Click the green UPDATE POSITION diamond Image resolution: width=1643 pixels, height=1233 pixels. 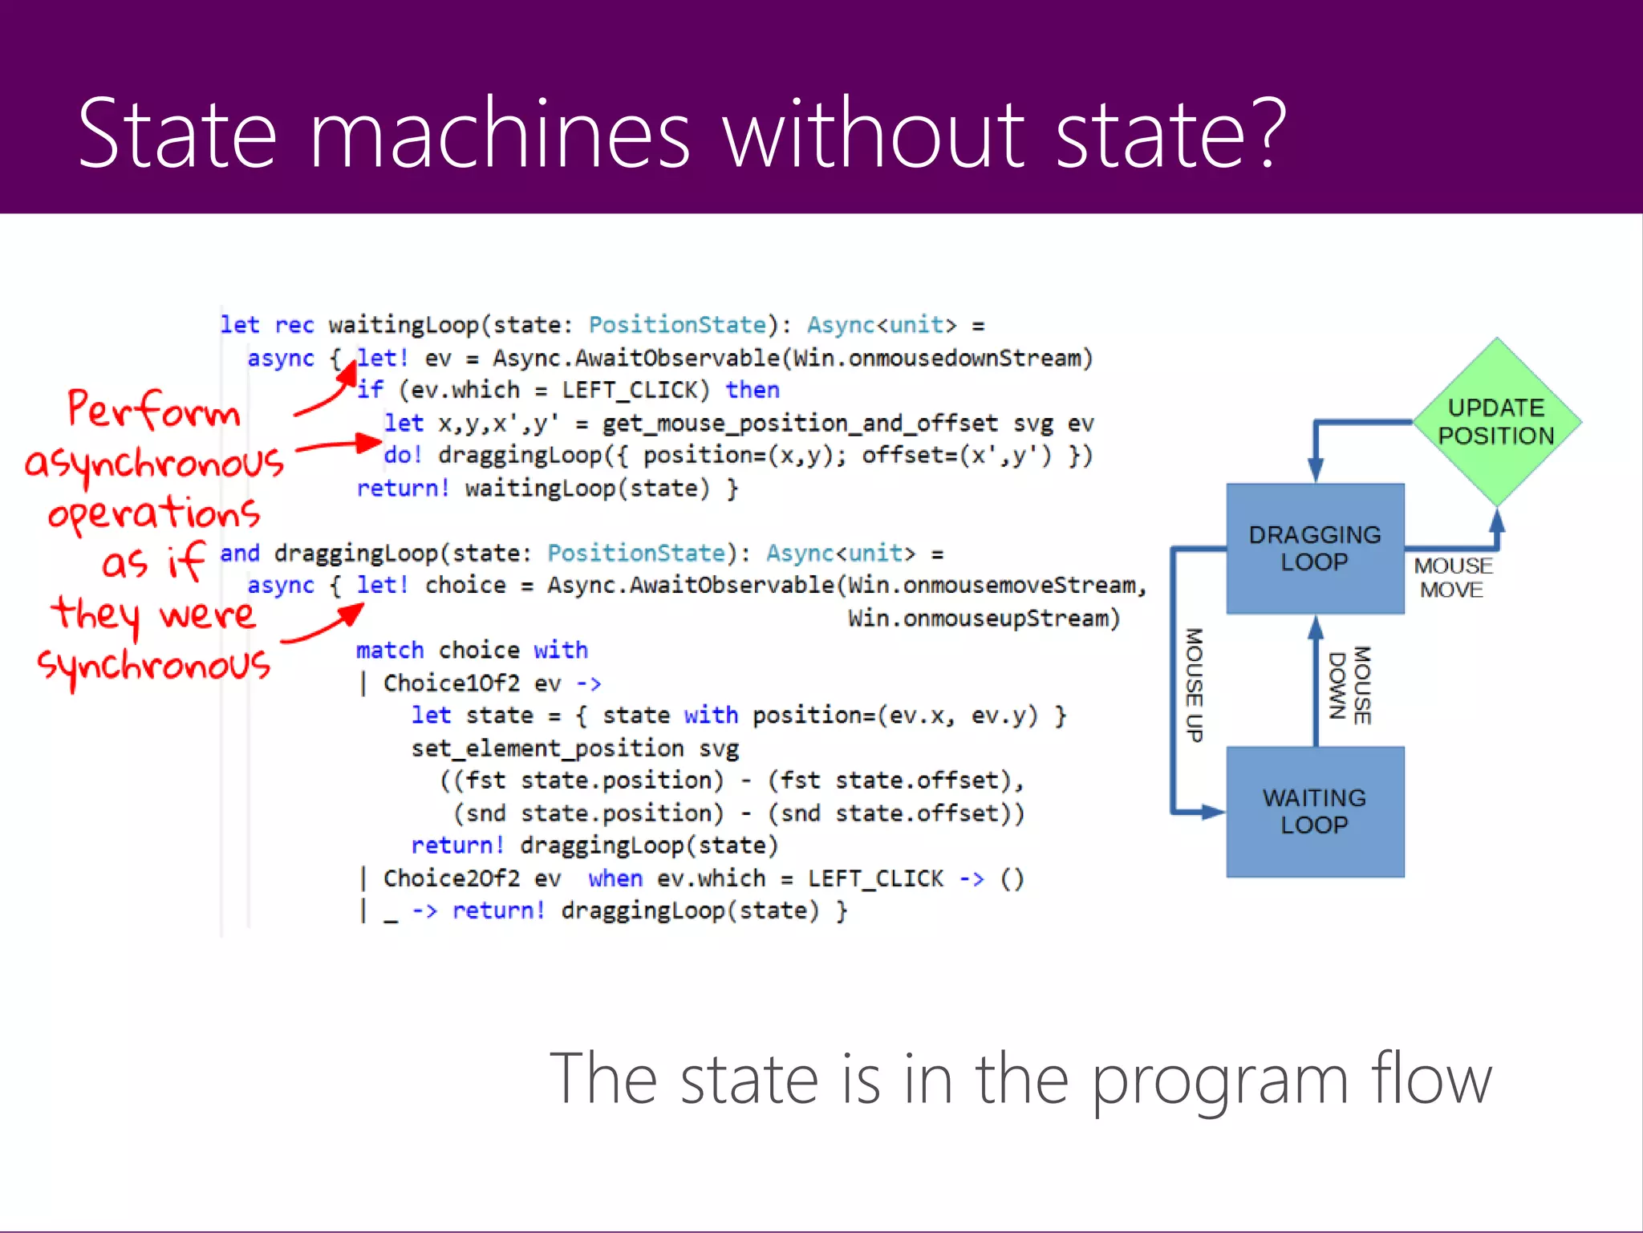[x=1496, y=422]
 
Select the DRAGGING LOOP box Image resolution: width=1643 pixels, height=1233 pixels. [x=1315, y=549]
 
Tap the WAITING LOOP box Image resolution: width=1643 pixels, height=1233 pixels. [x=1315, y=811]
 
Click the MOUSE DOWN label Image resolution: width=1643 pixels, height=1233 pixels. [x=1350, y=685]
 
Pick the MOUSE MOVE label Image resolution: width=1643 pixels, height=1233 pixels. [x=1452, y=578]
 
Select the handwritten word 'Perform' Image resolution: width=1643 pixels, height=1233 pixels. [x=154, y=410]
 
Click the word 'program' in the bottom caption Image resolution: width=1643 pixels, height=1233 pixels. [x=1219, y=1081]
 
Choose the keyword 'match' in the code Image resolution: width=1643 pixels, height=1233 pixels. [x=390, y=650]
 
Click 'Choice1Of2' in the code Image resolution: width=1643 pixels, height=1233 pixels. [x=451, y=683]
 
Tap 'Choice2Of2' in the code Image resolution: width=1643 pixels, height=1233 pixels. [x=451, y=878]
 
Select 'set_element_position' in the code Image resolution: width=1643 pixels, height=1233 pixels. [x=547, y=748]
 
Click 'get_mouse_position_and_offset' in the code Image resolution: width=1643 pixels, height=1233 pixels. [x=800, y=423]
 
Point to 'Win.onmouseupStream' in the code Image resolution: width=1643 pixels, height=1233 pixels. [x=984, y=619]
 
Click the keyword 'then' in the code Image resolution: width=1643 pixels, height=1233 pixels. [x=753, y=390]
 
